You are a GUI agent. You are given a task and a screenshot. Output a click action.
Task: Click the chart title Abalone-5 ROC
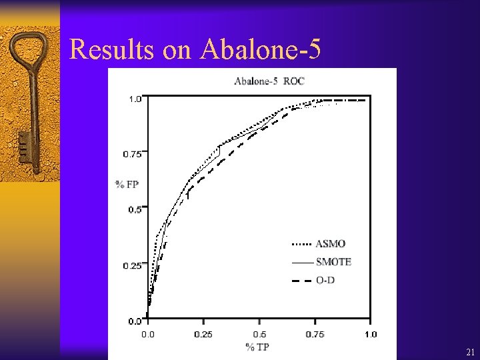coord(269,81)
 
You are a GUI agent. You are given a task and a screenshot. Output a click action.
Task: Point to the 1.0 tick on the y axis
coord(135,99)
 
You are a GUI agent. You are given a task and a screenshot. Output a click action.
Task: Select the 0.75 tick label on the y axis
coord(131,154)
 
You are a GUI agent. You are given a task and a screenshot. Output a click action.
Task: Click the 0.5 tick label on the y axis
coord(135,209)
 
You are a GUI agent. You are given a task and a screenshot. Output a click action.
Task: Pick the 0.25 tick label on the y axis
coord(131,265)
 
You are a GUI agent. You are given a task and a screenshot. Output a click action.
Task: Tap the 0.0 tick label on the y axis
coord(135,321)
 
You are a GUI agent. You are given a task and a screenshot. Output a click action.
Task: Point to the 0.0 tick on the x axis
coord(149,334)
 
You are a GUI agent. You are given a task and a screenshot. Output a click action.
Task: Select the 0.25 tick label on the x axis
coord(204,334)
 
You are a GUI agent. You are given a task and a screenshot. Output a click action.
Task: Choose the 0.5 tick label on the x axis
coord(259,334)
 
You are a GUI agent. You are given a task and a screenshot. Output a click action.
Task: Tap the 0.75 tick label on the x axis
coord(315,334)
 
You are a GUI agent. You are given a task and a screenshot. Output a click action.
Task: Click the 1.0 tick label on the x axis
coord(370,334)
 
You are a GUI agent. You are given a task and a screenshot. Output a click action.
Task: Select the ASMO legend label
coord(331,244)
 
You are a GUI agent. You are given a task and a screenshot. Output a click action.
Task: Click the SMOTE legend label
coord(333,262)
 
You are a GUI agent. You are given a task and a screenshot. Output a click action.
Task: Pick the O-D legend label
coord(325,280)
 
